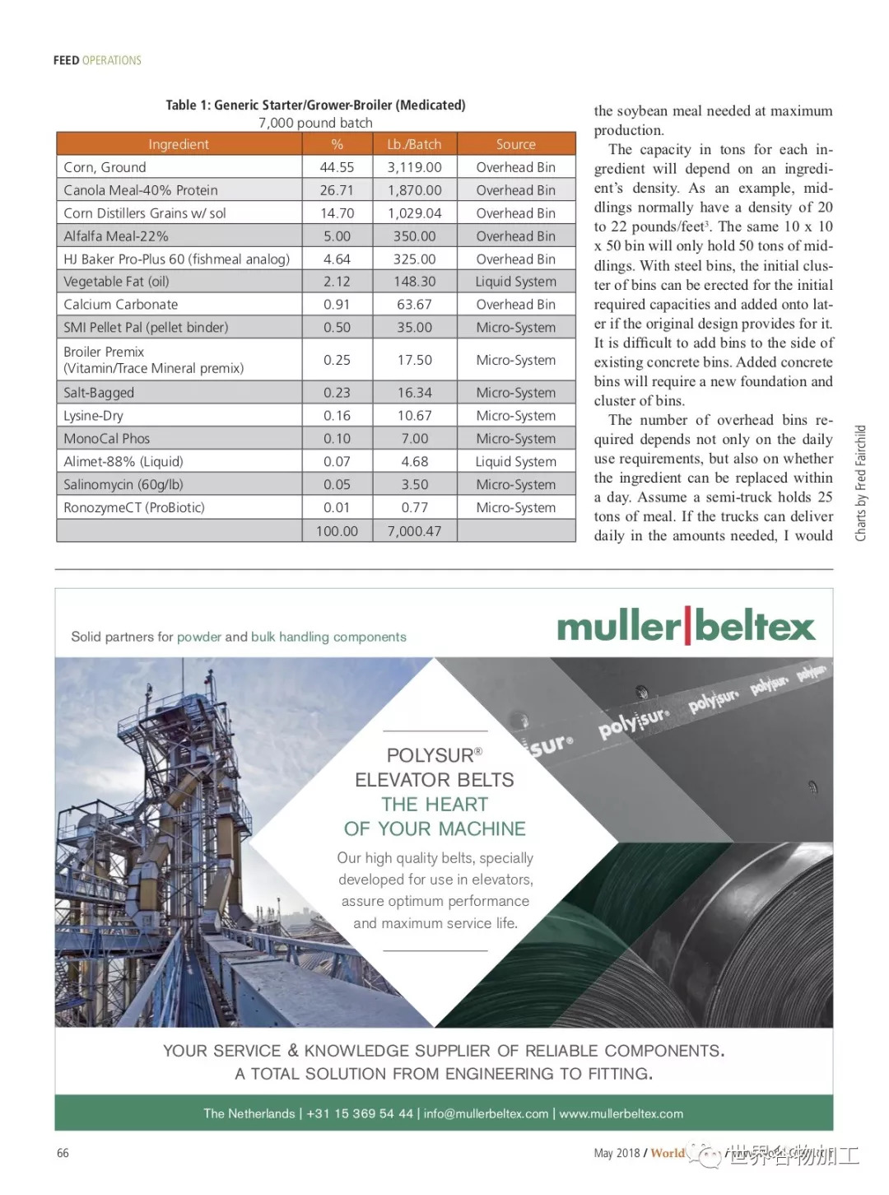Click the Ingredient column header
tap(179, 144)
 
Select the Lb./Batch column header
tap(414, 144)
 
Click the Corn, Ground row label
tap(105, 167)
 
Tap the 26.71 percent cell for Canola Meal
tap(337, 190)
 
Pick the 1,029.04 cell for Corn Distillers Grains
tap(414, 213)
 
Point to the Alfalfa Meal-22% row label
tap(116, 236)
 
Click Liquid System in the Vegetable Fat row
tap(515, 282)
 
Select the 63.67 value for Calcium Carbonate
tap(414, 305)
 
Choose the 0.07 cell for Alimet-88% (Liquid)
tap(337, 462)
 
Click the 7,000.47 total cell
tap(414, 531)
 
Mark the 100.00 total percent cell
tap(337, 531)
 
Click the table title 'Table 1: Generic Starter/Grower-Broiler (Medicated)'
tap(315, 105)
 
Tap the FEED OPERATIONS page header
tap(97, 60)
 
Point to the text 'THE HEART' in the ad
tap(435, 805)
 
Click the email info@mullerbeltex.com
tap(486, 1113)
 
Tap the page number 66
tap(63, 1153)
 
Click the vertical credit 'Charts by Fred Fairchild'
tap(861, 483)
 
